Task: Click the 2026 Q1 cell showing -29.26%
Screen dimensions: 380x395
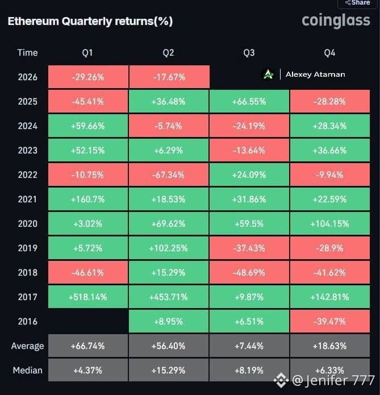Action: coord(88,77)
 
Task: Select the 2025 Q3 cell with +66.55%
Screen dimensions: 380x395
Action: coord(249,102)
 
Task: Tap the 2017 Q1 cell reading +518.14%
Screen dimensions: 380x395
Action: coord(88,297)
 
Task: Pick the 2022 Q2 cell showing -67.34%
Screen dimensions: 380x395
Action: coord(169,174)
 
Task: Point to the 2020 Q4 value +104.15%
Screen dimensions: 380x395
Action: coord(330,223)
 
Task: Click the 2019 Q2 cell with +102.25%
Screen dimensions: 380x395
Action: coord(169,248)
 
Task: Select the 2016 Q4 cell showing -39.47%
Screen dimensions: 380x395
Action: coord(330,321)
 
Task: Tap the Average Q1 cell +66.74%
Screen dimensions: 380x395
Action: coord(88,346)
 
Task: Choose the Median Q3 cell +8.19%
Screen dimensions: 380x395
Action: coord(249,370)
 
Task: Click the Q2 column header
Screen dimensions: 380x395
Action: coord(168,53)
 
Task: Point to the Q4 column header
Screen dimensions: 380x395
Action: coord(329,53)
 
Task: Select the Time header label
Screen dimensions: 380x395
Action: coord(27,53)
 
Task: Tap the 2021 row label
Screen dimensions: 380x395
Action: coord(27,199)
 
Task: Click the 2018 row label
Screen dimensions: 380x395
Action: coord(27,273)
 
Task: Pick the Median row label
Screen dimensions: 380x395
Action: coord(27,371)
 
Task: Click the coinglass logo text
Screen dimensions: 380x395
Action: coord(336,20)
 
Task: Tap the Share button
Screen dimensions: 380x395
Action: coord(358,3)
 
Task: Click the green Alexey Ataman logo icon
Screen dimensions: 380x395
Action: coord(268,74)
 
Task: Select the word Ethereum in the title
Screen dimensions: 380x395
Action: coord(34,21)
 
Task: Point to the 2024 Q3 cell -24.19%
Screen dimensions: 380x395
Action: coord(249,126)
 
